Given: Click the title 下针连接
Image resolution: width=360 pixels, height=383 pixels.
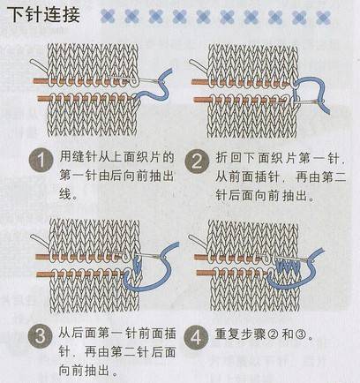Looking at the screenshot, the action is (x=45, y=15).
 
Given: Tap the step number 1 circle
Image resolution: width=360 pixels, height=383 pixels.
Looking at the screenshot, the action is (x=41, y=161).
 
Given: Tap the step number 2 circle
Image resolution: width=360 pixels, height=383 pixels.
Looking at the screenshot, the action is (x=197, y=161).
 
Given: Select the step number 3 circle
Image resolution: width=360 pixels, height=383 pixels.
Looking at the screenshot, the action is (x=41, y=336).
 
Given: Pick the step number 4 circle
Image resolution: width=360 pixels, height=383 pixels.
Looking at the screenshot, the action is (x=196, y=336).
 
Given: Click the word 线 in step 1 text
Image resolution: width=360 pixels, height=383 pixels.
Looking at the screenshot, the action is (x=65, y=194).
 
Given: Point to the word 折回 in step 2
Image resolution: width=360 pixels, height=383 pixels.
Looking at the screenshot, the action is (x=229, y=158).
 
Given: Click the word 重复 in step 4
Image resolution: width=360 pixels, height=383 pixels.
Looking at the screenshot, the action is (x=228, y=334).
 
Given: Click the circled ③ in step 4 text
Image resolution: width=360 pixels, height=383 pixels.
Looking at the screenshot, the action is (x=301, y=334).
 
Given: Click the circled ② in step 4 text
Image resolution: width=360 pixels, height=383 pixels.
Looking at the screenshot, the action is (x=273, y=334).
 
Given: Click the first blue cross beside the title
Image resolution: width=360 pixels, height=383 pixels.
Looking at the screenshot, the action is (x=108, y=16).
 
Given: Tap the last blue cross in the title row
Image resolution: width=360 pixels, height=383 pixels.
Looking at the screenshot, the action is (x=323, y=17).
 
